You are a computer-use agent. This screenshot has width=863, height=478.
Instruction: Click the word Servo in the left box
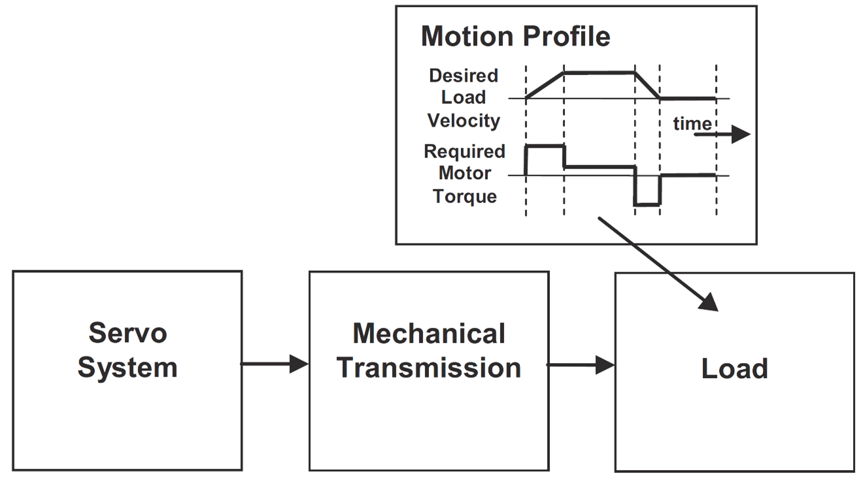[x=127, y=333]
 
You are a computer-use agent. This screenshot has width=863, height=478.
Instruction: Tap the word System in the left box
[x=127, y=367]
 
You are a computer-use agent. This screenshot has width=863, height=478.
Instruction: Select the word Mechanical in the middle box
[x=429, y=334]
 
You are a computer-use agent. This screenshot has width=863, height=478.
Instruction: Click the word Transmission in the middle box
[x=429, y=368]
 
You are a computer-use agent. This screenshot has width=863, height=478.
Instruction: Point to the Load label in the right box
[x=734, y=369]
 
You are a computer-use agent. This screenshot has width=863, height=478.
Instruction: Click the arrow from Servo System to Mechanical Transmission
[x=275, y=364]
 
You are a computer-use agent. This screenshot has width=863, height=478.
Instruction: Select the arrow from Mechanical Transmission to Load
[x=581, y=364]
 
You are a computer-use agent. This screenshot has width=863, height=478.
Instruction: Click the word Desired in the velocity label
[x=464, y=76]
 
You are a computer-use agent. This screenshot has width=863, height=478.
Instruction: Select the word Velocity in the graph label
[x=464, y=121]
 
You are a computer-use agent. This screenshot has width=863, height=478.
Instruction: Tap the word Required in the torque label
[x=464, y=151]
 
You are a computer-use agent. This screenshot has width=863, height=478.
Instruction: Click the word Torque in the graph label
[x=464, y=196]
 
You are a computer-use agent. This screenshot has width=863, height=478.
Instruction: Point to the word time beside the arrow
[x=692, y=124]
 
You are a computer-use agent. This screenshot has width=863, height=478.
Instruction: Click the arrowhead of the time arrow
[x=741, y=135]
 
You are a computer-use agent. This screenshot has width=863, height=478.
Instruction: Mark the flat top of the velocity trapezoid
[x=599, y=72]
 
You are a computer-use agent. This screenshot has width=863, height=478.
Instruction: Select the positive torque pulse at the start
[x=545, y=146]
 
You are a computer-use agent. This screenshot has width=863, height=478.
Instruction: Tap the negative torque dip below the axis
[x=647, y=204]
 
